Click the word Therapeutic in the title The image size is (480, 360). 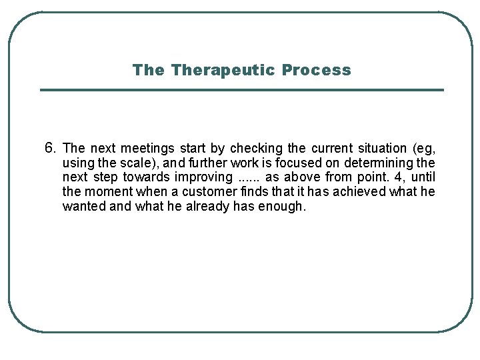[224, 70]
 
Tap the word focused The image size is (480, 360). [278, 163]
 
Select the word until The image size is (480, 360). [423, 177]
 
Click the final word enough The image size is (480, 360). [283, 207]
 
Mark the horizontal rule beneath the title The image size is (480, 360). [241, 90]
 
